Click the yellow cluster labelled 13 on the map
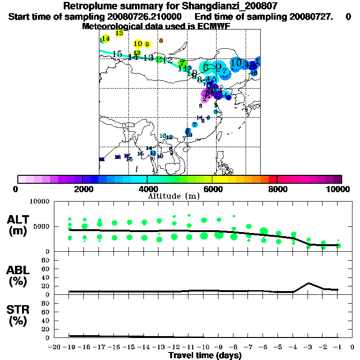tap(119, 33)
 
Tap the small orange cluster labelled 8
tap(161, 41)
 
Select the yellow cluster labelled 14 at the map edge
tap(105, 38)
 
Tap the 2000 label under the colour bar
tap(82, 189)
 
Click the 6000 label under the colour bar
tap(212, 189)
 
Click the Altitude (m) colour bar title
tap(174, 195)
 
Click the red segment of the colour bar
tap(272, 179)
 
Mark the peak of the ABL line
tap(308, 283)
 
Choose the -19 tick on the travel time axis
tap(69, 347)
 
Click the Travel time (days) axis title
tap(205, 355)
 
